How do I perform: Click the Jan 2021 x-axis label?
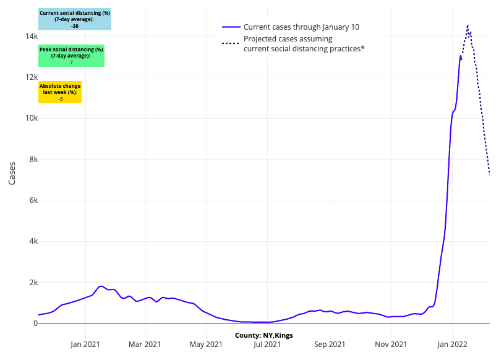tap(85, 344)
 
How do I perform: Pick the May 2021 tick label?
tap(206, 344)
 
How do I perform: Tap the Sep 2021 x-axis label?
tap(329, 344)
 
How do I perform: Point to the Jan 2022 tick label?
tap(452, 344)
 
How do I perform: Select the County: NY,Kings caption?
tap(264, 335)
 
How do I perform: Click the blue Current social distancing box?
tap(75, 19)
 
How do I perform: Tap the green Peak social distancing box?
tap(71, 56)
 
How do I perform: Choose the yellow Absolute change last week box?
tap(60, 92)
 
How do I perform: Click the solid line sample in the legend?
tap(231, 27)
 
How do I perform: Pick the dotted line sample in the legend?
tap(231, 43)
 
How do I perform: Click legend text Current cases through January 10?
tap(301, 27)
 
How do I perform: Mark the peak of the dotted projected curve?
tap(468, 26)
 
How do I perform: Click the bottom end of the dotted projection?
tap(489, 174)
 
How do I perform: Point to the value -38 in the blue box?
tap(75, 26)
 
